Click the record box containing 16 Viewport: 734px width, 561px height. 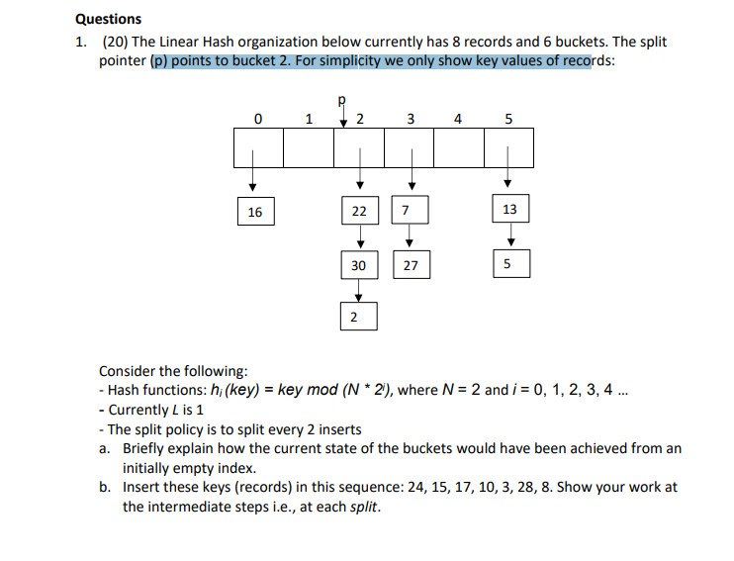(254, 211)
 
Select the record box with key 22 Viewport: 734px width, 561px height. (359, 211)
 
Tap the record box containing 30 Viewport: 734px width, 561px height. (359, 265)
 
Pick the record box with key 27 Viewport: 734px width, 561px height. (411, 265)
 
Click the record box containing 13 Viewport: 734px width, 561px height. (509, 210)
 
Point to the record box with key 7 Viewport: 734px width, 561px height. (405, 211)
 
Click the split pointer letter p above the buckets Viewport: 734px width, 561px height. (342, 101)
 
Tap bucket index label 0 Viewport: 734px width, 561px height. (257, 121)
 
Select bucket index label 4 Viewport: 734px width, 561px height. (457, 121)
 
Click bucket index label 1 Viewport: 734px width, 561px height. (309, 121)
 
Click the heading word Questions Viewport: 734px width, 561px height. (108, 19)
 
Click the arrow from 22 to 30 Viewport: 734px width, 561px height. (359, 237)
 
